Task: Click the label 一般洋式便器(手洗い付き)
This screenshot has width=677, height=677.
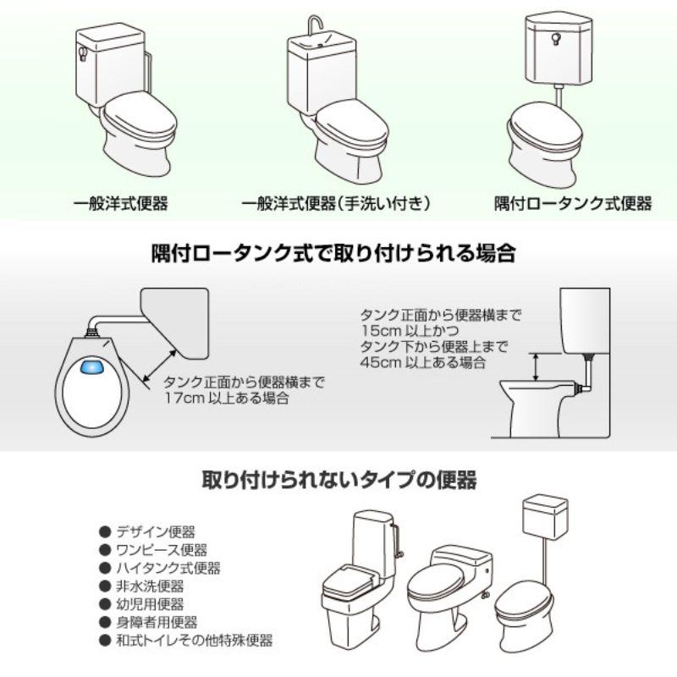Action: click(x=338, y=204)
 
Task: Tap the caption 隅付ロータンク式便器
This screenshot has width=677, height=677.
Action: click(x=573, y=204)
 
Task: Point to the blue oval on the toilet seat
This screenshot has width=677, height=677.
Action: click(x=93, y=369)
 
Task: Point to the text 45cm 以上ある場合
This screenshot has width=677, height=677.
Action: click(x=423, y=362)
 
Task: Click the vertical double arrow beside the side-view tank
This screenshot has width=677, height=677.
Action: click(x=535, y=367)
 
